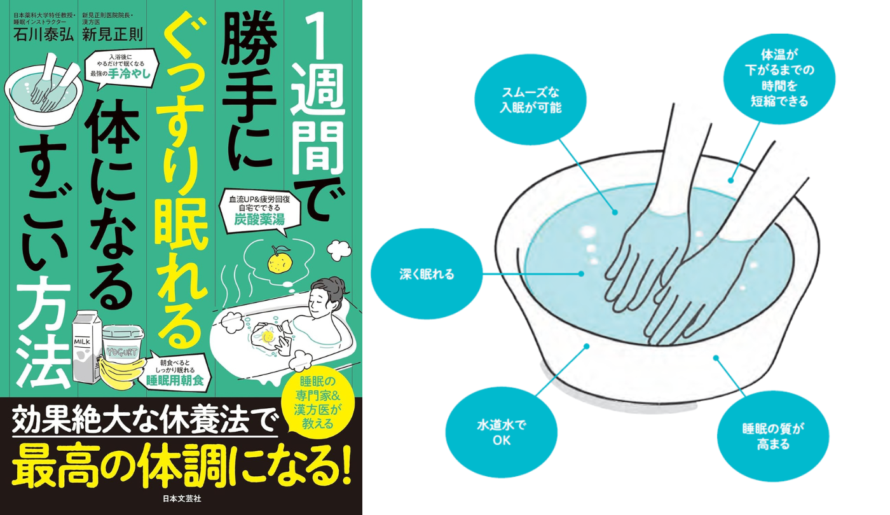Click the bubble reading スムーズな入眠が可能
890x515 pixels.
pos(530,100)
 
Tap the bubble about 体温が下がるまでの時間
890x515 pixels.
pos(779,79)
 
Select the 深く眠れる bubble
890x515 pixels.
pos(427,274)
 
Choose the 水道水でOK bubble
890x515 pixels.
pos(501,432)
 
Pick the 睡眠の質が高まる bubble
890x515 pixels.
pos(773,436)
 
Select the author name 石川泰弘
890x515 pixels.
pos(43,34)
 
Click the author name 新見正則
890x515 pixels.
pos(113,34)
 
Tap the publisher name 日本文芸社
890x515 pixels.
pos(182,498)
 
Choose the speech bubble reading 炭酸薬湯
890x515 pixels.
pos(259,210)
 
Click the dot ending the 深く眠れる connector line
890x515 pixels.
pos(581,274)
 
